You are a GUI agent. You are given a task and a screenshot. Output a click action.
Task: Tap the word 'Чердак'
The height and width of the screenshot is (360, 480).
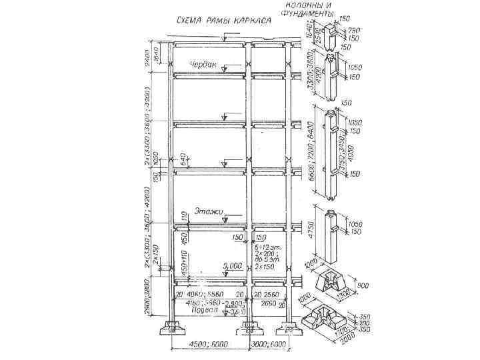[x=204, y=65]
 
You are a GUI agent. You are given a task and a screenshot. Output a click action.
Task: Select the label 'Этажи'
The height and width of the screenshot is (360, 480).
[x=209, y=213]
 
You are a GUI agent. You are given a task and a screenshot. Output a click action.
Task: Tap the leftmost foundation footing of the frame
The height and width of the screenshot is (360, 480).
[x=175, y=327]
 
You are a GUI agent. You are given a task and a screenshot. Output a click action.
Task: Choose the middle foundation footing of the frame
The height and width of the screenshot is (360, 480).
[x=247, y=327]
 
